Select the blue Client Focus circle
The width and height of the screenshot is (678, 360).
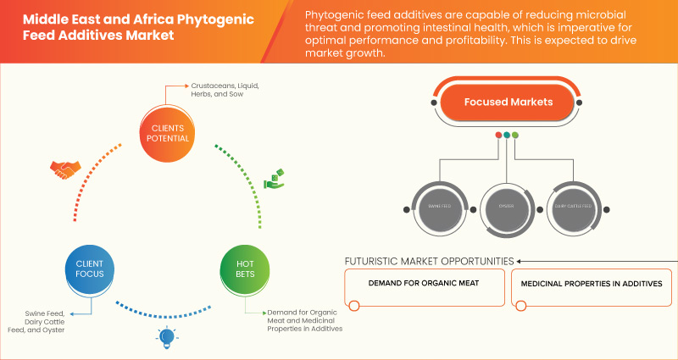84,269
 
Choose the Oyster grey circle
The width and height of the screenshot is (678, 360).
507,205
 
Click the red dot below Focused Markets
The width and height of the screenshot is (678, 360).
497,135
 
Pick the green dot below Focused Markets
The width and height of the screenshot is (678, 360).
515,135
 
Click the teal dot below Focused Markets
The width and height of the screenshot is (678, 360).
506,135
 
